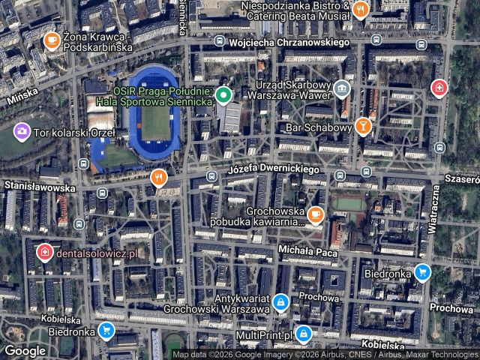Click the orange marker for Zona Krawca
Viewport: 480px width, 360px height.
(52, 40)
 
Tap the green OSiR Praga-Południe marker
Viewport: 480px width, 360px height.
(223, 95)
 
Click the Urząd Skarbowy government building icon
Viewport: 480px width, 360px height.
(342, 90)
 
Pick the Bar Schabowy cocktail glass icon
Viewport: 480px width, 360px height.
(364, 126)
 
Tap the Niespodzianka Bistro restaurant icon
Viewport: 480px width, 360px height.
(361, 10)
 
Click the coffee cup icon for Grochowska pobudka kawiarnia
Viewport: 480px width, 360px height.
(315, 215)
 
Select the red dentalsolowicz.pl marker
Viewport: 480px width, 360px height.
(45, 252)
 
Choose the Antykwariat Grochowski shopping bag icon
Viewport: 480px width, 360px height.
(280, 302)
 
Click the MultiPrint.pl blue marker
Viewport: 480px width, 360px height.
(303, 333)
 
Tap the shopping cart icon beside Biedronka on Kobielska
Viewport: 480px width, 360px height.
(106, 330)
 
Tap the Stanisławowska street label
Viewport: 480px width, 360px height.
(39, 185)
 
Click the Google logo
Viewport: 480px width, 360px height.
(25, 350)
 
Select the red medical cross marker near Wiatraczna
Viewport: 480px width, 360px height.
(439, 89)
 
